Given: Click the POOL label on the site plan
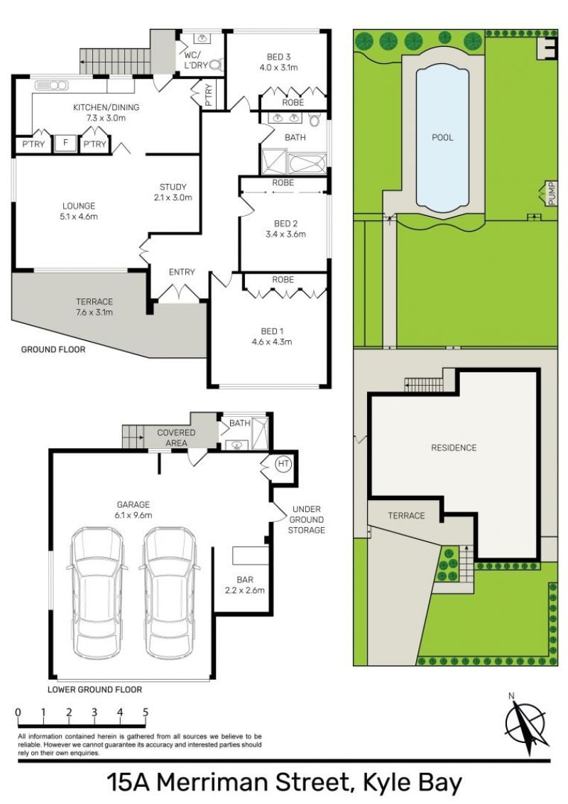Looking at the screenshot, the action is click(x=442, y=137).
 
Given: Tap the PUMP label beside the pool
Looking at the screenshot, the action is click(x=552, y=194).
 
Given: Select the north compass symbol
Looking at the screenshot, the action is click(x=525, y=724).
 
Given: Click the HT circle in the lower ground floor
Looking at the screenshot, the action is click(x=283, y=464).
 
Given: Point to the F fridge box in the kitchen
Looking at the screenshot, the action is click(x=65, y=143).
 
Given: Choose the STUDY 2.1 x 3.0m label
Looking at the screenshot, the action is click(x=173, y=192).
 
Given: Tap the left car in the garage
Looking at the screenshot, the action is click(x=97, y=592).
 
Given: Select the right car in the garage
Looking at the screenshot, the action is click(x=169, y=592).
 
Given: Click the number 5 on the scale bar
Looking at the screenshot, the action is click(x=146, y=712).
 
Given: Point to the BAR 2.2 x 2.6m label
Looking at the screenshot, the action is click(x=245, y=585).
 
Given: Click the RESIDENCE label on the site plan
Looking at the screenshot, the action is click(x=454, y=447).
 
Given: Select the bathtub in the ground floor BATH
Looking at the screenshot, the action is click(x=307, y=163).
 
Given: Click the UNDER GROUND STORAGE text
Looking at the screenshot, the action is click(x=306, y=519).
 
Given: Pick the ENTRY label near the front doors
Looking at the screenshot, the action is click(x=182, y=272).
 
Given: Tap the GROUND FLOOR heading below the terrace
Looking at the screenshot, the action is click(x=53, y=349).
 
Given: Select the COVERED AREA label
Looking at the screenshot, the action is click(x=176, y=438).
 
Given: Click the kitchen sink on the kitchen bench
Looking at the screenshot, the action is click(x=50, y=85).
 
